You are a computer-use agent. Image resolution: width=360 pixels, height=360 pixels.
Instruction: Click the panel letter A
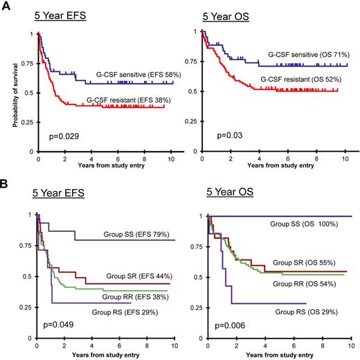(6, 6)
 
